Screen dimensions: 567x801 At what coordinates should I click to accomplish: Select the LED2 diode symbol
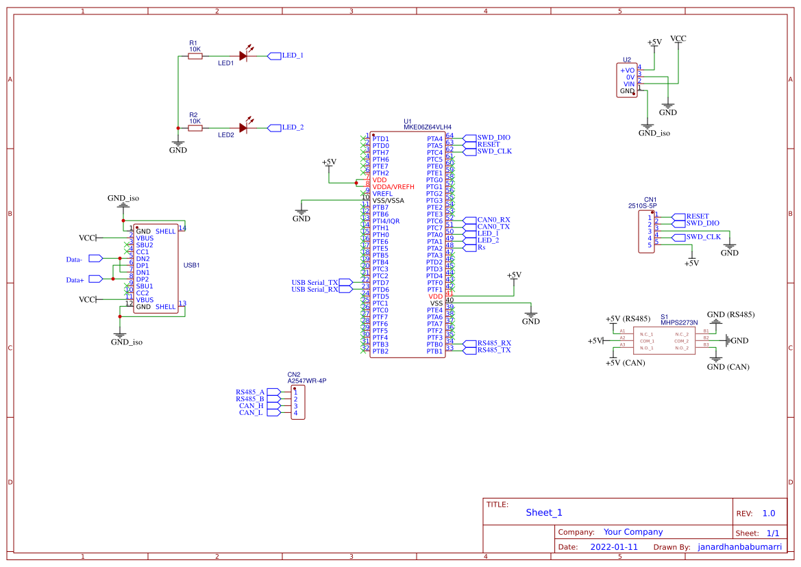(243, 127)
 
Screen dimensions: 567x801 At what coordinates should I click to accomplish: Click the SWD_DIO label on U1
(494, 138)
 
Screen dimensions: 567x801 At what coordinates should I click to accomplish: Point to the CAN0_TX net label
(493, 227)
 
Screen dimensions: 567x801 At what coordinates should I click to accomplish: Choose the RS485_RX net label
(494, 342)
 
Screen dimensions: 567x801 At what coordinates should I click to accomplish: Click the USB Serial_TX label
(315, 282)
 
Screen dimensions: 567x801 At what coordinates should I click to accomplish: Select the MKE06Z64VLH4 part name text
(427, 127)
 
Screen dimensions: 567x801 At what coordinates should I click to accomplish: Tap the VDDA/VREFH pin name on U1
(393, 187)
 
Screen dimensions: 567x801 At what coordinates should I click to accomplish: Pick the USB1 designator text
(191, 265)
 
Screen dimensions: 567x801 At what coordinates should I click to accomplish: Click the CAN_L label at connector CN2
(251, 413)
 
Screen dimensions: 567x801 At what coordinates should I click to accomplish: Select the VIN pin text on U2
(629, 84)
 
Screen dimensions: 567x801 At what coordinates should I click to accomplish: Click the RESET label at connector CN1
(698, 216)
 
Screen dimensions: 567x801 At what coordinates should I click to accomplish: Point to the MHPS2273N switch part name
(679, 322)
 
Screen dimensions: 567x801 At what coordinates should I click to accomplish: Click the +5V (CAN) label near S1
(626, 363)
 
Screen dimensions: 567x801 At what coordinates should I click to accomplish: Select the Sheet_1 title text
(544, 513)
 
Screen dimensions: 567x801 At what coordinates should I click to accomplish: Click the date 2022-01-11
(614, 547)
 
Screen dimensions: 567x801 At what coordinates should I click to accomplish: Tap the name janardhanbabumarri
(739, 547)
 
